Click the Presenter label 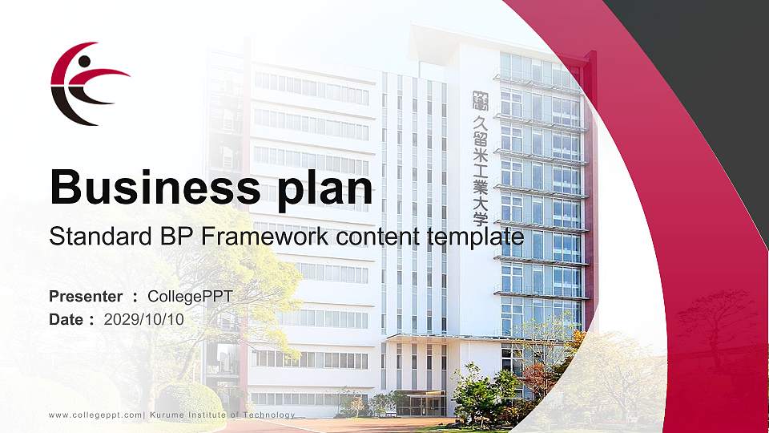point(86,297)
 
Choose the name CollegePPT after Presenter point(191,297)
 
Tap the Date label point(66,319)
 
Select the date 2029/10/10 point(144,319)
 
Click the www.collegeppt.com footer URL point(95,415)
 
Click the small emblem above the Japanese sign point(480,99)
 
